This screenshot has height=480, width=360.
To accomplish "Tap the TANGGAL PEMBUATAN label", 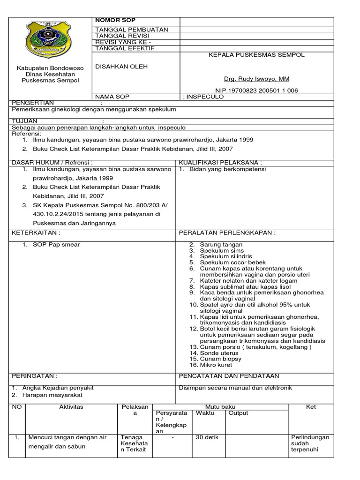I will point(125,30).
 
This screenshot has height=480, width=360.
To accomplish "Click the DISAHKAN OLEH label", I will point(121,67).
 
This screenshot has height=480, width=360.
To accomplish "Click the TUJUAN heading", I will point(24,121).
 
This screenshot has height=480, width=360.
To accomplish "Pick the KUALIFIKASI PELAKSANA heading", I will point(219,162).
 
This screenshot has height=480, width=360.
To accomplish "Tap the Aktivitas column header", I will point(71,407).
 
